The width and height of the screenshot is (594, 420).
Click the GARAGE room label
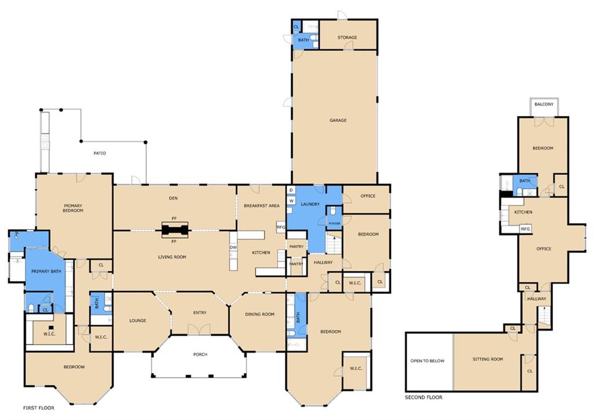pyautogui.click(x=338, y=120)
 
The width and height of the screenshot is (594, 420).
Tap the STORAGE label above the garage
pyautogui.click(x=347, y=38)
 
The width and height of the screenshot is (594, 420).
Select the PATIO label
pyautogui.click(x=100, y=153)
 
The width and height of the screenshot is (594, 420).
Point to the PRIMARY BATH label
pyautogui.click(x=46, y=271)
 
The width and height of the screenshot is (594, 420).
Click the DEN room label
pyautogui.click(x=173, y=198)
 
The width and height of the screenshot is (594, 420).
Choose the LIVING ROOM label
pyautogui.click(x=172, y=257)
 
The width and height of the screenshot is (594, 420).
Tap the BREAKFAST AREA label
pyautogui.click(x=262, y=206)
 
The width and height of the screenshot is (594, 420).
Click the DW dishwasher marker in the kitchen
pyautogui.click(x=233, y=247)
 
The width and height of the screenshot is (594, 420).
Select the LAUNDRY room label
pyautogui.click(x=310, y=204)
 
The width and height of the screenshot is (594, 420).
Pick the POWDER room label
pyautogui.click(x=334, y=224)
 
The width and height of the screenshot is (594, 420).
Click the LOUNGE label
pyautogui.click(x=137, y=321)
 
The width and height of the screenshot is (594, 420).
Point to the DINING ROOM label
pyautogui.click(x=259, y=314)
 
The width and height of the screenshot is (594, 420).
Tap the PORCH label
pyautogui.click(x=200, y=354)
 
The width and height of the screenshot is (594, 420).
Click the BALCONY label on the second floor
pyautogui.click(x=544, y=104)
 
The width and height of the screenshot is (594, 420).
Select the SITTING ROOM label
pyautogui.click(x=488, y=359)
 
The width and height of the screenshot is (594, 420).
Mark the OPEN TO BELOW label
pyautogui.click(x=428, y=361)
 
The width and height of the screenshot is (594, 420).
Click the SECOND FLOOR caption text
pyautogui.click(x=423, y=397)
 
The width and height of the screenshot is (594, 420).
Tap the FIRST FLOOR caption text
pyautogui.click(x=39, y=408)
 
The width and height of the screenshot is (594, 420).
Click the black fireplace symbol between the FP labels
pyautogui.click(x=175, y=229)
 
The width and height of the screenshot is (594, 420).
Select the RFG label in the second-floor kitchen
pyautogui.click(x=525, y=229)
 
